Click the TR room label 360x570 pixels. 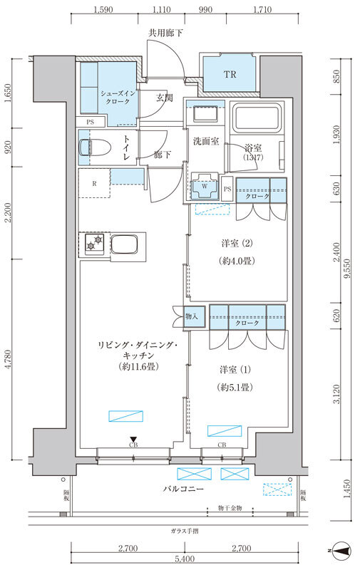tap(230, 75)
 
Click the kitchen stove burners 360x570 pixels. tap(93, 245)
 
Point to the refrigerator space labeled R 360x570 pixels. tap(94, 183)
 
